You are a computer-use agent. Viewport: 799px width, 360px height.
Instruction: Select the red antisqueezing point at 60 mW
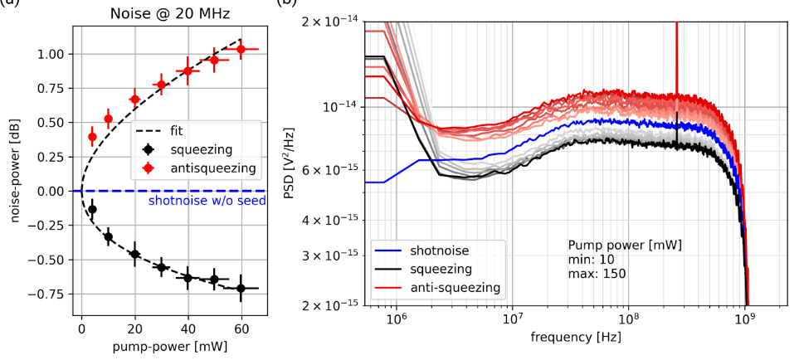241,49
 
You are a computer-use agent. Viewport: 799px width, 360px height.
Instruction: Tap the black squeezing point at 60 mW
241,288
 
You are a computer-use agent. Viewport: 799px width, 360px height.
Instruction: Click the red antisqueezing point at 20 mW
134,100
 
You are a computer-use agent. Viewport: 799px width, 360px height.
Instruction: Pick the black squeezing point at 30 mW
162,267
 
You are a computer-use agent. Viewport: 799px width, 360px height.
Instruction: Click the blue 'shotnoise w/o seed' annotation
207,200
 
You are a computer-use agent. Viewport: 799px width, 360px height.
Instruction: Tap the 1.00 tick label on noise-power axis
52,54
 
